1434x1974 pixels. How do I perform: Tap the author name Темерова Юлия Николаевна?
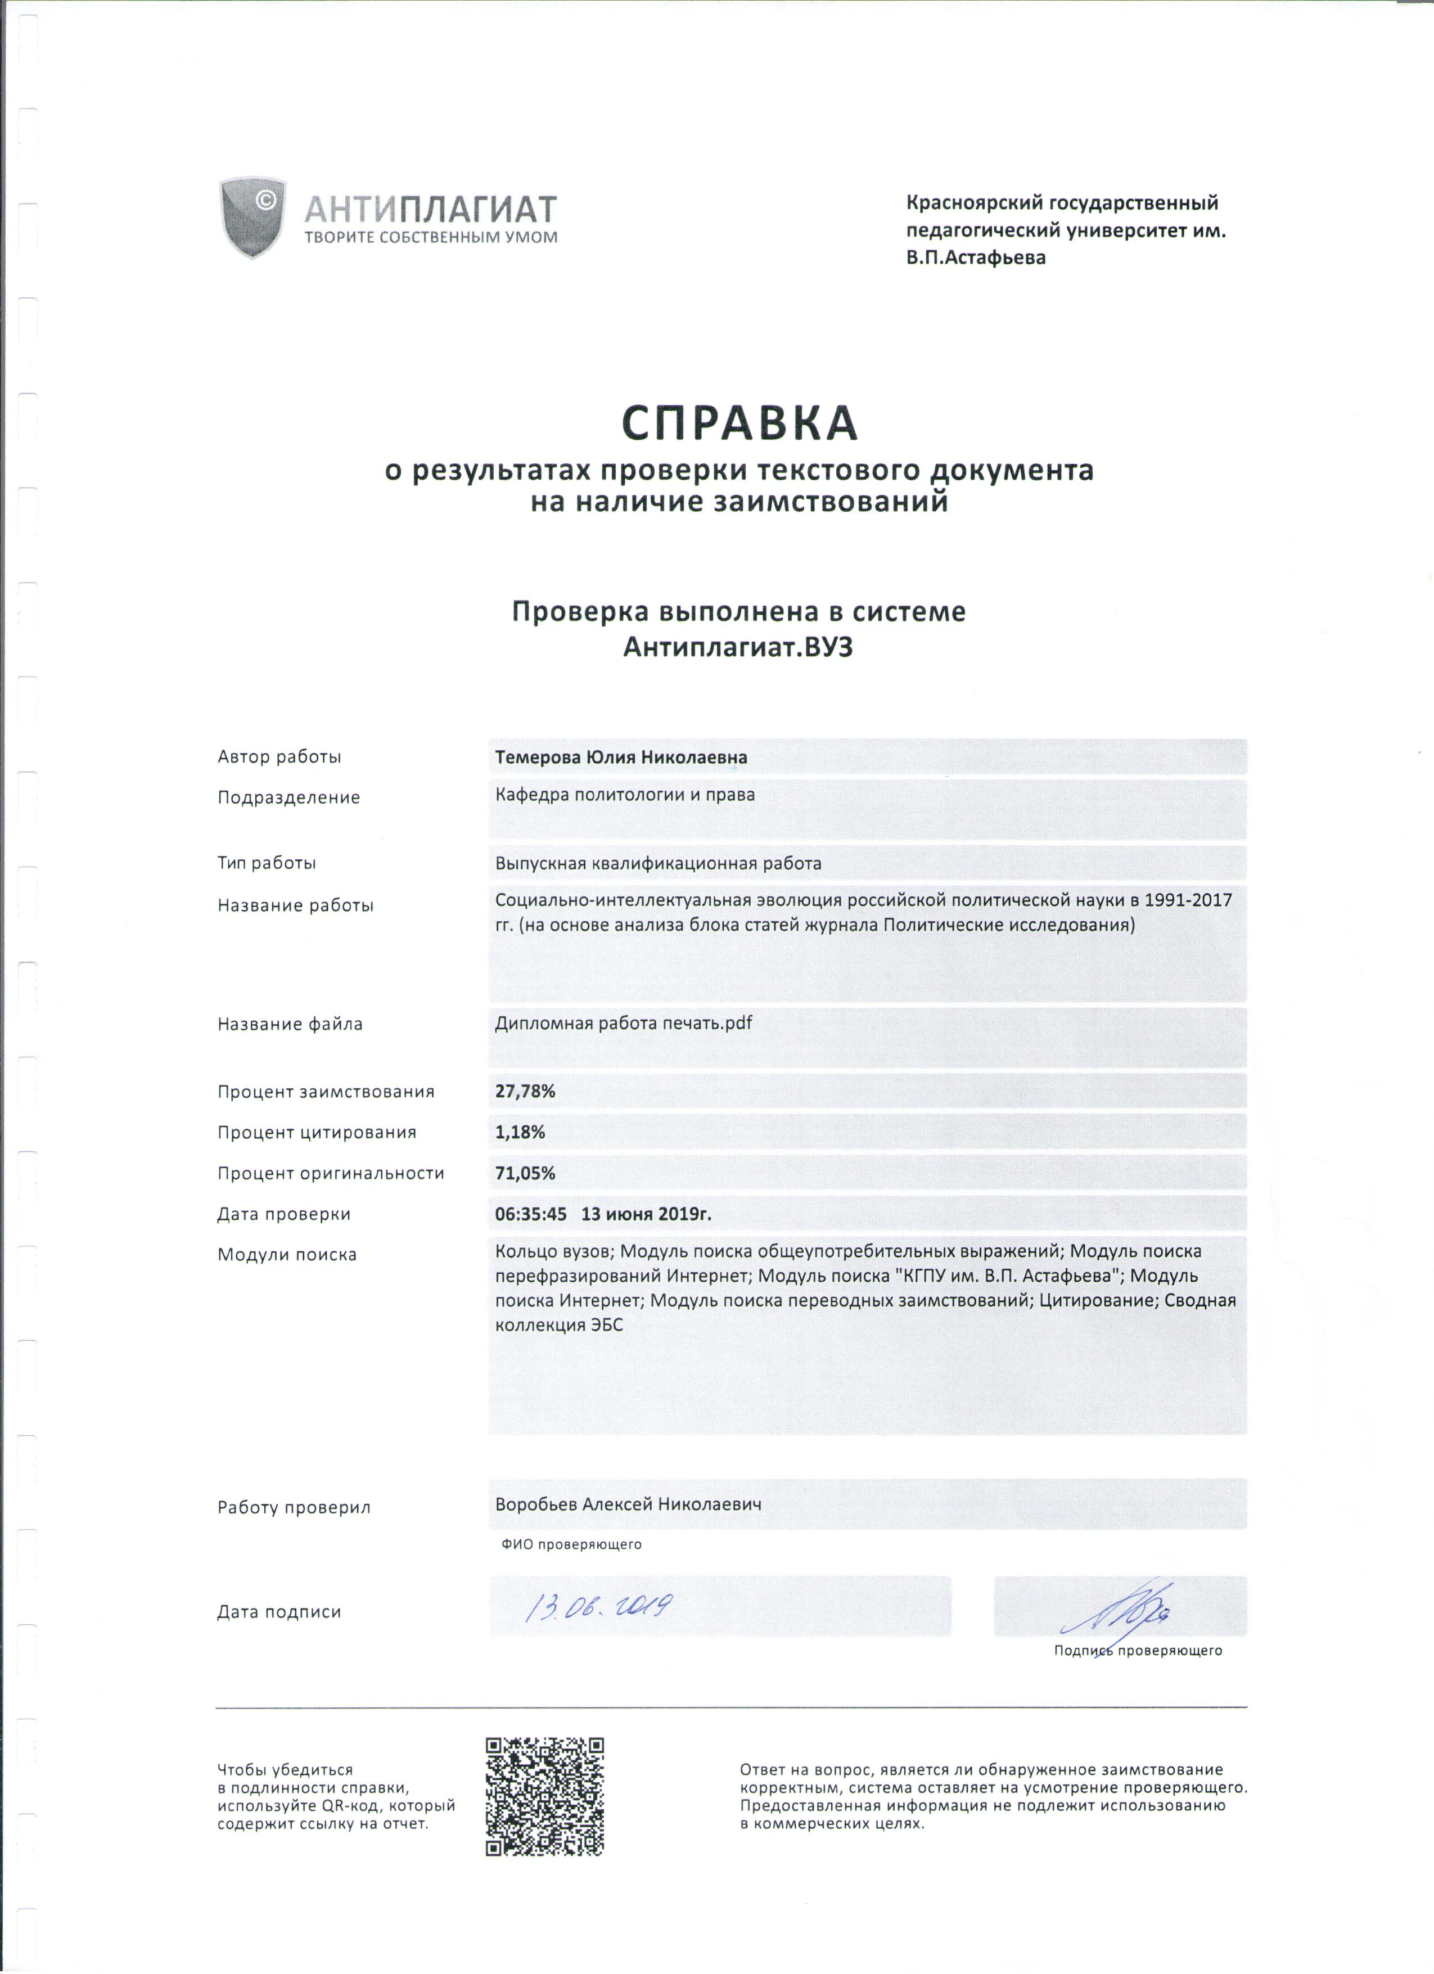tap(620, 757)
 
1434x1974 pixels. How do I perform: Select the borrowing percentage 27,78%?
tap(525, 1092)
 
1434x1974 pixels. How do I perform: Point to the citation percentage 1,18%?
tap(520, 1132)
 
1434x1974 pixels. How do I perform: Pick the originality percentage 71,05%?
tap(525, 1173)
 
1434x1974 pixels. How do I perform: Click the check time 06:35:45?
tap(531, 1214)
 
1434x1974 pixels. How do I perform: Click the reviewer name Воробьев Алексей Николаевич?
tap(628, 1504)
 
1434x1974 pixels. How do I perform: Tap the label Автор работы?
tap(279, 757)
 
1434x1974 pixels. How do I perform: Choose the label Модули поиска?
tap(287, 1255)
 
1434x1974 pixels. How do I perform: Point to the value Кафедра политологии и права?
tap(625, 795)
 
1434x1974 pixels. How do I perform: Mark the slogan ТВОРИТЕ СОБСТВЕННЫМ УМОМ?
tap(431, 237)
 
